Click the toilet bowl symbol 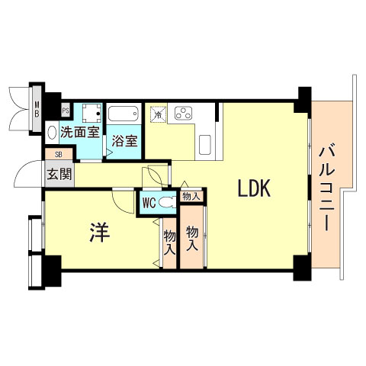pyautogui.click(x=169, y=203)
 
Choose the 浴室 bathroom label pyautogui.click(x=124, y=140)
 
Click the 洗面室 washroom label pyautogui.click(x=79, y=131)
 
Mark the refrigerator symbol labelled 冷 pyautogui.click(x=159, y=114)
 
